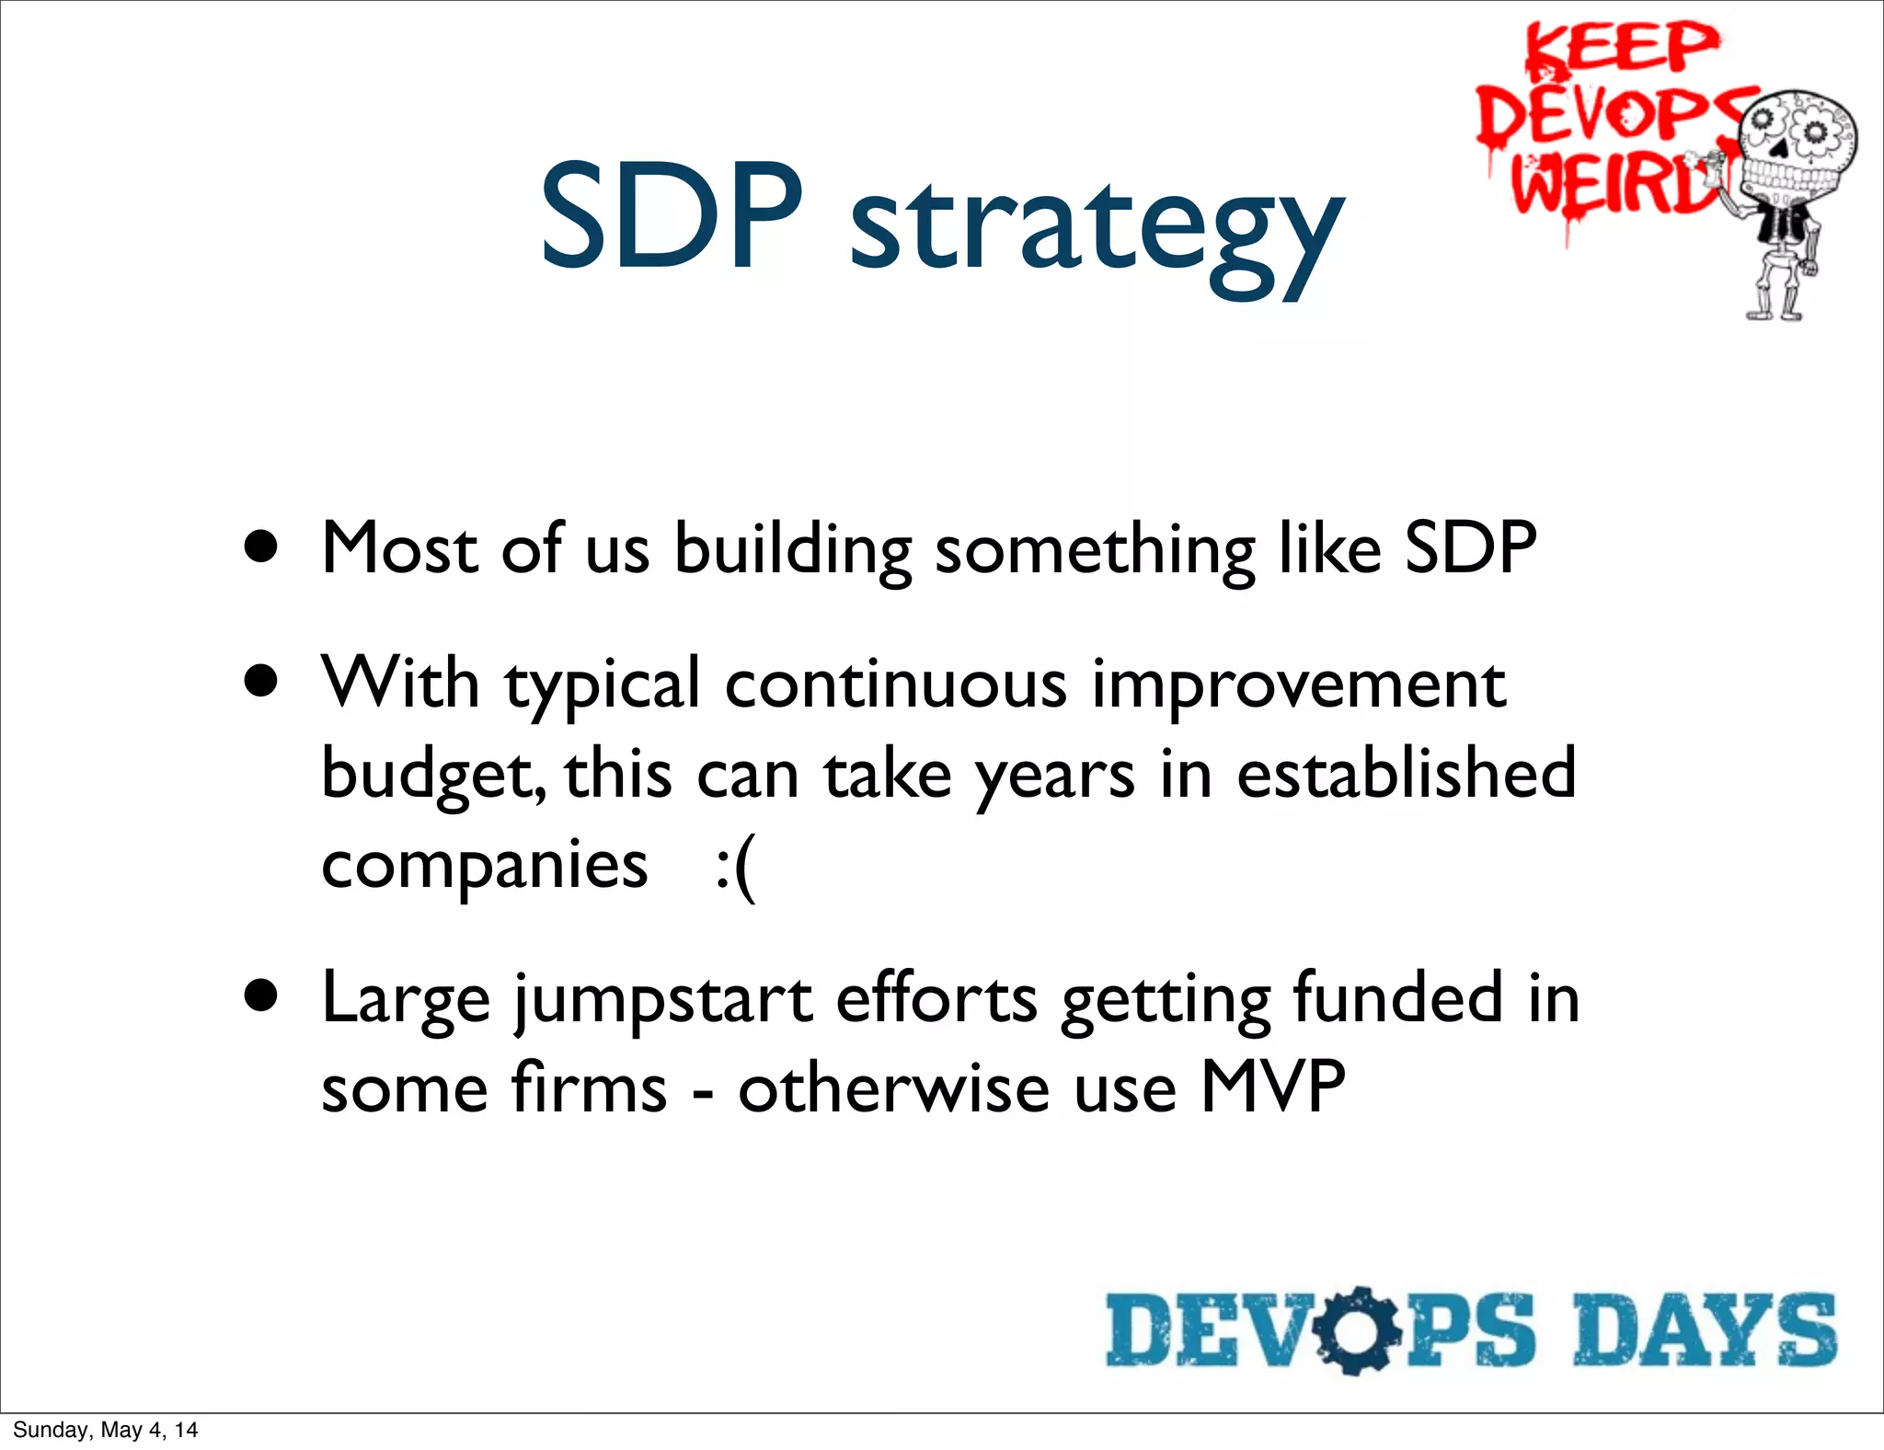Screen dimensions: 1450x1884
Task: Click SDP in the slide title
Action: point(671,219)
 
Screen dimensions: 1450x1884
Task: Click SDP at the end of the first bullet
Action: point(1470,548)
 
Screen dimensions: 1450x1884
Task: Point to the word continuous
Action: point(895,685)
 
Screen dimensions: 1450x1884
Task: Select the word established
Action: point(1405,773)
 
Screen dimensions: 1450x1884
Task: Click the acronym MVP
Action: point(1272,1087)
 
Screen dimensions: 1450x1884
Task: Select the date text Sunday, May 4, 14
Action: point(106,1430)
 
